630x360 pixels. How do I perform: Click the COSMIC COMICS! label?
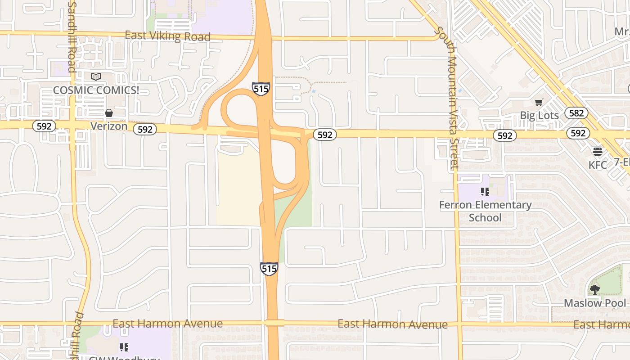96,90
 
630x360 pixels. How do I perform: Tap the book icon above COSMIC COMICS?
96,77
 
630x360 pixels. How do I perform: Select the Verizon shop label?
109,126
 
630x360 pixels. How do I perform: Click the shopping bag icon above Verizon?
109,113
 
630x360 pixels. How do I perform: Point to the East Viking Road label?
167,36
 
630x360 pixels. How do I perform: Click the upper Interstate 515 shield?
261,89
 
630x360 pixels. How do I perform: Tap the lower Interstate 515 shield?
269,269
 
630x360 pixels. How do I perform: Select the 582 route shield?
576,113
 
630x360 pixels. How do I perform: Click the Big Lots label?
539,115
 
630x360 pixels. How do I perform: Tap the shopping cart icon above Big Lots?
539,103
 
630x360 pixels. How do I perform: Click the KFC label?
598,165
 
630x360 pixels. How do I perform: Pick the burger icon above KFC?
598,152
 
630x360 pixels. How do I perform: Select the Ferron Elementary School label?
485,211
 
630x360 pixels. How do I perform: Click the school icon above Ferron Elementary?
485,192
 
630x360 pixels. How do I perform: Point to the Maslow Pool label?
595,303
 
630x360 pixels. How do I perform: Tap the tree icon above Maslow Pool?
595,289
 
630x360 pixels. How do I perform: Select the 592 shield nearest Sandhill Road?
44,126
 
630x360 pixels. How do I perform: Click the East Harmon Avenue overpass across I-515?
274,323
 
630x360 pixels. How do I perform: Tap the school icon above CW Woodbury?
124,347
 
